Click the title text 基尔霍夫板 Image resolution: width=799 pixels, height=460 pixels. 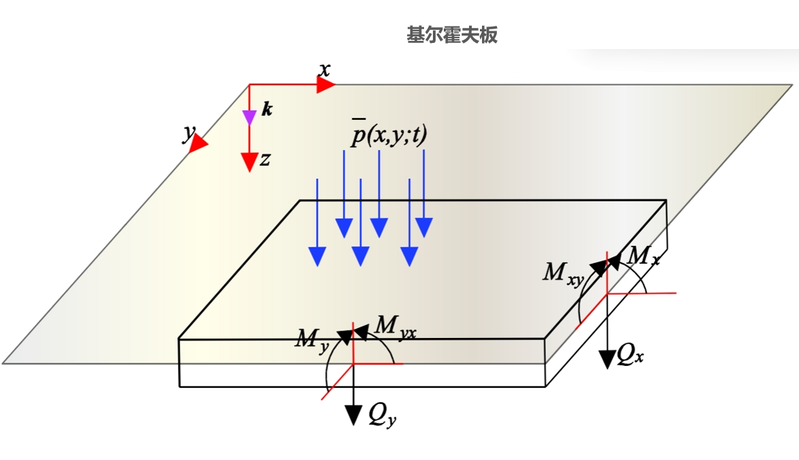tap(452, 35)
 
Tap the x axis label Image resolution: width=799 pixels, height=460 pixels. tap(325, 69)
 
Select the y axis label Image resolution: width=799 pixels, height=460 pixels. tap(187, 134)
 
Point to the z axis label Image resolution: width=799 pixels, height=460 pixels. tap(266, 159)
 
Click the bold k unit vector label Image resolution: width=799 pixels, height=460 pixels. tap(267, 109)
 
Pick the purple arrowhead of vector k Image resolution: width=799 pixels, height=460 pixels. tap(250, 118)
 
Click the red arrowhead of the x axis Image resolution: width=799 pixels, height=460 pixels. tap(327, 85)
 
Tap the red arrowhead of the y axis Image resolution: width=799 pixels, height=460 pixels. tap(198, 144)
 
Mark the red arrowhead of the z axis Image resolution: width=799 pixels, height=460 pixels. tap(250, 162)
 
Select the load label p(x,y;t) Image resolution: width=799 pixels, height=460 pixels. tap(388, 135)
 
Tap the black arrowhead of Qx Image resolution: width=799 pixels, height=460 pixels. tap(607, 359)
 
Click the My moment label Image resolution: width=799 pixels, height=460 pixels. tap(313, 339)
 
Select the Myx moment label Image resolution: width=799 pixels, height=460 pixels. tap(396, 327)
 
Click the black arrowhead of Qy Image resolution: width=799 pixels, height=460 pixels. tap(353, 414)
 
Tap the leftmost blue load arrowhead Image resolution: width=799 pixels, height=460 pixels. tap(317, 256)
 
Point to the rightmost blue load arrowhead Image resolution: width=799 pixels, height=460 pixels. tap(424, 228)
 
